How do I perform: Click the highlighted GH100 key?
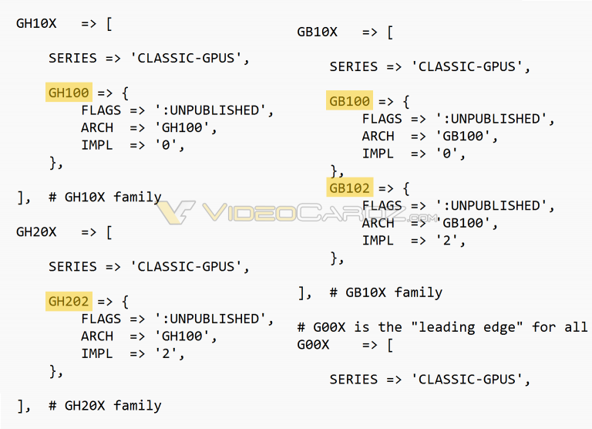69,93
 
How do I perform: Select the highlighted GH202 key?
69,301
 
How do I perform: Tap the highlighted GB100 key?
349,101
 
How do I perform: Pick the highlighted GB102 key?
350,187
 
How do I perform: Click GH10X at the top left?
36,23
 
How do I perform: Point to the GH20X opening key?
36,231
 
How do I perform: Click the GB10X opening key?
317,32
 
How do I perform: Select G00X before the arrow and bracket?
313,344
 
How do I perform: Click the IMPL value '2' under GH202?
166,353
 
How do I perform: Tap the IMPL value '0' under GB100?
446,154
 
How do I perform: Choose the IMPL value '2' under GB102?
446,240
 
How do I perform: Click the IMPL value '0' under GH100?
166,145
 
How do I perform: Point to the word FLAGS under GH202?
101,319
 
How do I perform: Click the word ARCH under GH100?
97,127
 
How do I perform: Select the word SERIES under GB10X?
353,66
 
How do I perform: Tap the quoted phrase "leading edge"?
466,327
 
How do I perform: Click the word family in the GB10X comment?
419,292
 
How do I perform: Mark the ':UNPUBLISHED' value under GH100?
210,110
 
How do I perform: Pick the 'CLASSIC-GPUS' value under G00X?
466,379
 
